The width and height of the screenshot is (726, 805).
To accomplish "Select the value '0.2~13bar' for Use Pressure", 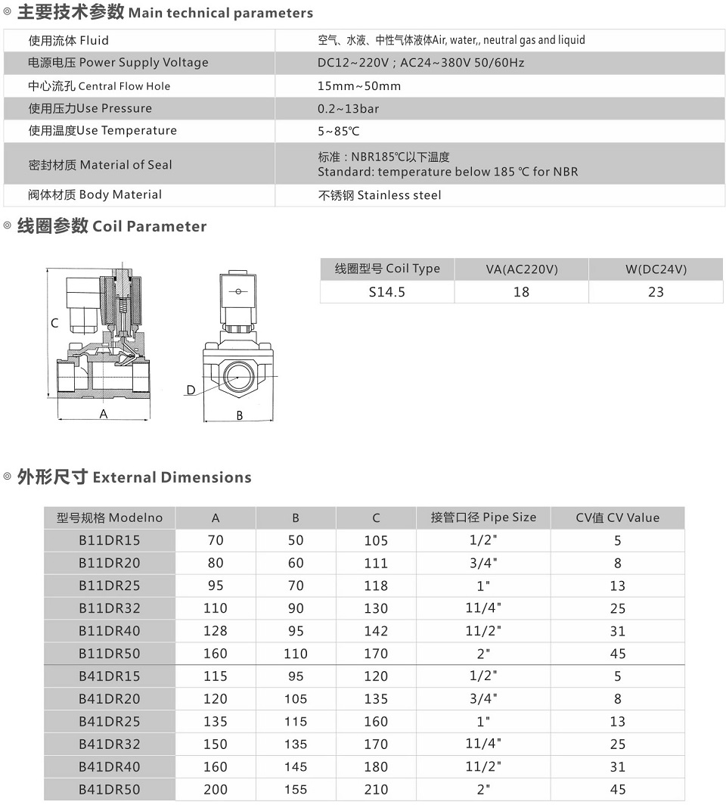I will coord(348,108).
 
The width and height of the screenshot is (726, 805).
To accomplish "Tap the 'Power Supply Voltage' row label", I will coord(118,63).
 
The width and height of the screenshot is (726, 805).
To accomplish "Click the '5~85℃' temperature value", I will coord(339,131).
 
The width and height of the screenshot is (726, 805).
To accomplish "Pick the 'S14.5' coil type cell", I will coord(387,291).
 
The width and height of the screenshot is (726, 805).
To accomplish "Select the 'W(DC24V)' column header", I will coord(656,269).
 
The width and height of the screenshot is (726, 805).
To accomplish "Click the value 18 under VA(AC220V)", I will coord(521,291).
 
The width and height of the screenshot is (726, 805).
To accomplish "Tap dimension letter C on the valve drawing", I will coord(54,323).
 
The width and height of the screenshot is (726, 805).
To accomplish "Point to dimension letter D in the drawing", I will coord(191,390).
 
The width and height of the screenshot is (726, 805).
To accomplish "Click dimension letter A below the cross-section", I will coord(104,414).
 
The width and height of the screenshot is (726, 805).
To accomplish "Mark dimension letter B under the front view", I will coord(240,415).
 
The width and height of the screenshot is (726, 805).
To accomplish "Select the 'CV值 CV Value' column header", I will coord(617,518).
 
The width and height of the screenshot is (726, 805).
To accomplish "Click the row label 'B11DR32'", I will coord(110,608).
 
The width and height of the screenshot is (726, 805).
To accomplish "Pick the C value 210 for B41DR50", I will coord(376,789).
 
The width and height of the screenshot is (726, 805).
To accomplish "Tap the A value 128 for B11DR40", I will coord(216,631).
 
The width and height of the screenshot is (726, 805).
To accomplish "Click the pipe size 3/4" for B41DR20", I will coord(483,698).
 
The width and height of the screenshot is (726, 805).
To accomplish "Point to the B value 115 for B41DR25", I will coord(296,722).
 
